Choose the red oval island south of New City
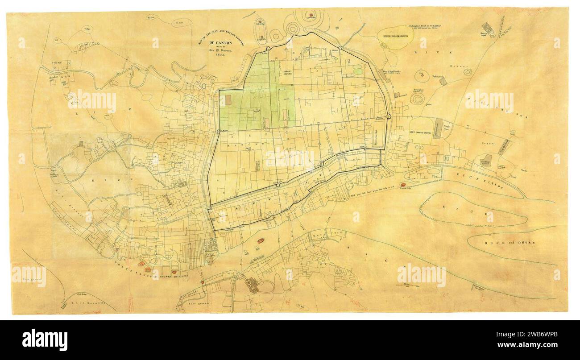261,241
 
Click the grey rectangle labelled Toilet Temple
442,82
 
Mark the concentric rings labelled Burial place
417,99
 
